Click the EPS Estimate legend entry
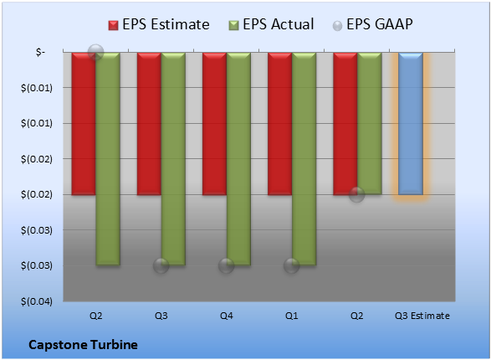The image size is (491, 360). (x=159, y=24)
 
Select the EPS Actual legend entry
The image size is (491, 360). (x=271, y=24)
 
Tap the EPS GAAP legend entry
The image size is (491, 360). (x=372, y=24)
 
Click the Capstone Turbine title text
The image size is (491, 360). (x=83, y=345)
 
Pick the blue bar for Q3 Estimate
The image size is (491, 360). (x=411, y=124)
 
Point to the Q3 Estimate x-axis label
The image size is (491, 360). (x=422, y=316)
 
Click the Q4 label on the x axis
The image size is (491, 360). (x=227, y=316)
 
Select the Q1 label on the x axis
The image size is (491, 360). (x=292, y=316)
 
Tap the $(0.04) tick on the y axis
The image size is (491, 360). (x=37, y=301)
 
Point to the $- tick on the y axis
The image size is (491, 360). (x=40, y=52)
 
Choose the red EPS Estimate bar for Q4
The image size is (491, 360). (x=214, y=124)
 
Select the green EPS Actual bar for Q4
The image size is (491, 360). (x=238, y=159)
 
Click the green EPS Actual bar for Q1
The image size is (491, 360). (x=304, y=159)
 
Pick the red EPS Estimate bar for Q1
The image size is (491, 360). (x=280, y=124)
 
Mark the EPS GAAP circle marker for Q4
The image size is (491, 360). (x=227, y=266)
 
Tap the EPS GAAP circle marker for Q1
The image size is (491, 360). (x=292, y=266)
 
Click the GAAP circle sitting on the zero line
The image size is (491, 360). (x=96, y=52)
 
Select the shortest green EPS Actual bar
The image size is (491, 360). (x=370, y=123)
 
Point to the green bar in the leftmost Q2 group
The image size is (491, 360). (x=108, y=159)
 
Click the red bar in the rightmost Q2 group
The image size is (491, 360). (x=345, y=124)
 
